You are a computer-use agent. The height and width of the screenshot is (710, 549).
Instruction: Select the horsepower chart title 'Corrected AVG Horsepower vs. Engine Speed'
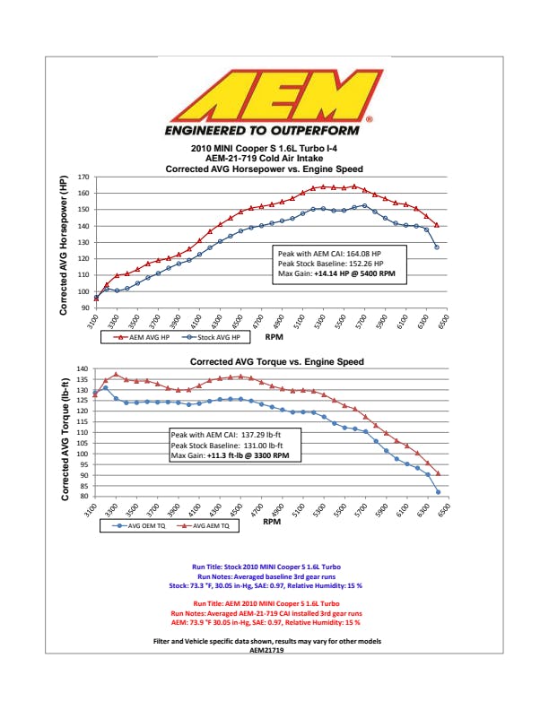tap(275, 169)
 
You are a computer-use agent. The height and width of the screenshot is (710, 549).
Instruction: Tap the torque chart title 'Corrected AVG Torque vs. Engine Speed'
tap(276, 362)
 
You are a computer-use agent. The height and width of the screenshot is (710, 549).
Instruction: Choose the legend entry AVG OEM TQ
tap(140, 526)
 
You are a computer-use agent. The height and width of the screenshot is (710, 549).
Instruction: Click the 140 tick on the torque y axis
tap(82, 368)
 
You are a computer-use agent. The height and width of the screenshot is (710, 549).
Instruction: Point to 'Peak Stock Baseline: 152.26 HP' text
tap(330, 264)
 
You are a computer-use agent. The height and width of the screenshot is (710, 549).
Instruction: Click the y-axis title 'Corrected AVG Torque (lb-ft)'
tap(65, 432)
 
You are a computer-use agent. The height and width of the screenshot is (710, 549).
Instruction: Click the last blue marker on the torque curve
tap(438, 491)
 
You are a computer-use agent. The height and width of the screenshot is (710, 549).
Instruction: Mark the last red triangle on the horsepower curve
tap(437, 225)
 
